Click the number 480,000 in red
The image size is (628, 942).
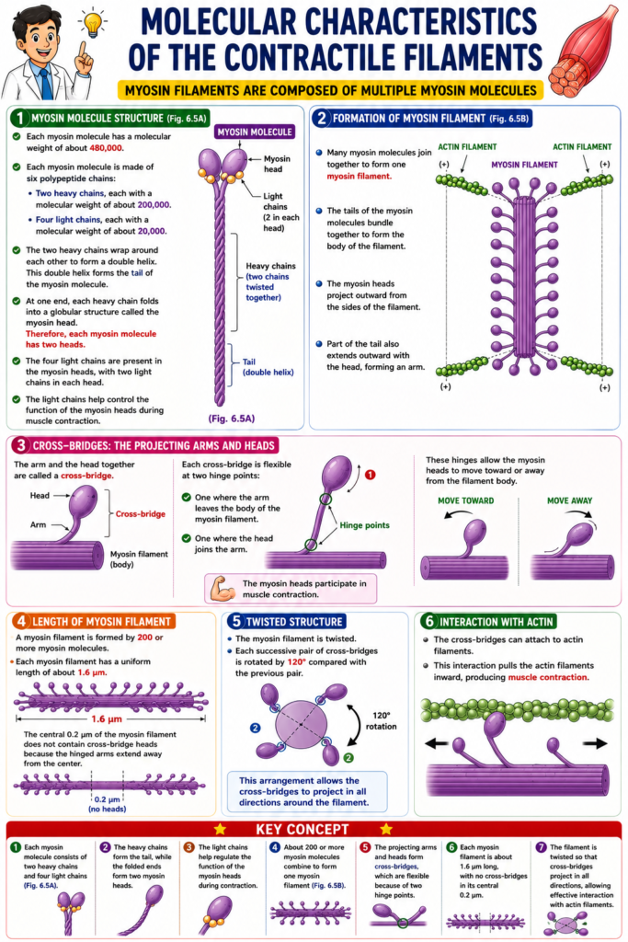[x=107, y=148]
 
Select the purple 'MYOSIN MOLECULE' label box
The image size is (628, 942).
[x=255, y=132]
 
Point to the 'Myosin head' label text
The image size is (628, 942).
[x=277, y=164]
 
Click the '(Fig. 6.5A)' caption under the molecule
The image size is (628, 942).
[x=232, y=419]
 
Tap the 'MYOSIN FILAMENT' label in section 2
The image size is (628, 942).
[x=524, y=165]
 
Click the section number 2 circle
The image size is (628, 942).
[x=321, y=119]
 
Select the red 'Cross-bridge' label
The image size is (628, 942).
[x=141, y=513]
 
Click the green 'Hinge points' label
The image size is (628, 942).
[x=364, y=525]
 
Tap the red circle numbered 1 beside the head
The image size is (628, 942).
[x=371, y=475]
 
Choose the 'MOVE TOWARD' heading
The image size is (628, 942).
[x=466, y=500]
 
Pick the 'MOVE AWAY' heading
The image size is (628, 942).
[x=569, y=500]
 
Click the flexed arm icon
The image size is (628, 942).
[x=223, y=589]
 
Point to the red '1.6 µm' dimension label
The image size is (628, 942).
[x=107, y=718]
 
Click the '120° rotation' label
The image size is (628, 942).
[x=382, y=721]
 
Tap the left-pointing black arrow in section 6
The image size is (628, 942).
[x=437, y=743]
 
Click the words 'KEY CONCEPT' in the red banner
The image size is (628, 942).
[x=302, y=829]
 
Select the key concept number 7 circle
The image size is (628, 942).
[x=541, y=847]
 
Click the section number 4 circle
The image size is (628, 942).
[x=22, y=621]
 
